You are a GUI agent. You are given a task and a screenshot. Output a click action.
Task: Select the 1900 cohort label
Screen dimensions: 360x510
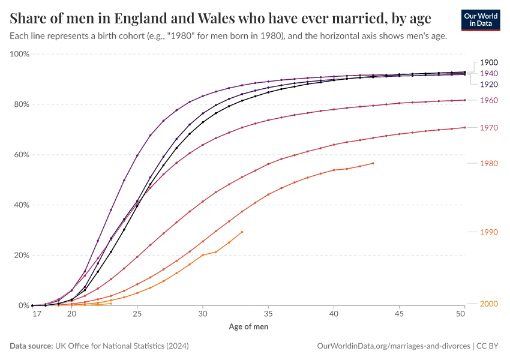pyautogui.click(x=489, y=62)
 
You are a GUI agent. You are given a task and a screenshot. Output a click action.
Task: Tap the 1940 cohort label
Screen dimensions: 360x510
pyautogui.click(x=489, y=73)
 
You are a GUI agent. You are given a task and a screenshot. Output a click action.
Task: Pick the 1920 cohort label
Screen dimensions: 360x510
pyautogui.click(x=489, y=85)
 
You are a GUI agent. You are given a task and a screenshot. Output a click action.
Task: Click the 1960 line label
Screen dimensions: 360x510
pyautogui.click(x=489, y=100)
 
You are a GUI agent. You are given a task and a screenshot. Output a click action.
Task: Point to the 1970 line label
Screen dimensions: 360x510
pyautogui.click(x=489, y=128)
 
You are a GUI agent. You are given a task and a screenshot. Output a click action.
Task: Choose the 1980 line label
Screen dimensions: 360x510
pyautogui.click(x=489, y=163)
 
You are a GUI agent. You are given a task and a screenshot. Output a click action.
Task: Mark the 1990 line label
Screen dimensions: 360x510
pyautogui.click(x=489, y=232)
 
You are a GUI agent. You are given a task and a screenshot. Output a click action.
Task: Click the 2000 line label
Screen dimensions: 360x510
pyautogui.click(x=489, y=304)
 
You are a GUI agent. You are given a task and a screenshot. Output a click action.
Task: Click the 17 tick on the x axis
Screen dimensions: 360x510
pyautogui.click(x=37, y=314)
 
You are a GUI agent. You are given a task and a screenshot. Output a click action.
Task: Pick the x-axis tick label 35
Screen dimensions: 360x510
pyautogui.click(x=268, y=314)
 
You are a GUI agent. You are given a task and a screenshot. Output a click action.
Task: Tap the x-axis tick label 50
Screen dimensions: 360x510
pyautogui.click(x=461, y=314)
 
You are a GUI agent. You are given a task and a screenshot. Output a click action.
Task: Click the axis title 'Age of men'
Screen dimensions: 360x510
pyautogui.click(x=248, y=327)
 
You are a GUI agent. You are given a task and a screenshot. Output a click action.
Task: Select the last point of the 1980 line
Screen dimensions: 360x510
pyautogui.click(x=373, y=163)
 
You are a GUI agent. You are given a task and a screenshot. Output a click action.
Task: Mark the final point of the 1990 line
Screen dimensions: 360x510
pyautogui.click(x=242, y=232)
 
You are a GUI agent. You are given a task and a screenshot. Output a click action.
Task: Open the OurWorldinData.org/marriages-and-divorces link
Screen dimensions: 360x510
pyautogui.click(x=393, y=346)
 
